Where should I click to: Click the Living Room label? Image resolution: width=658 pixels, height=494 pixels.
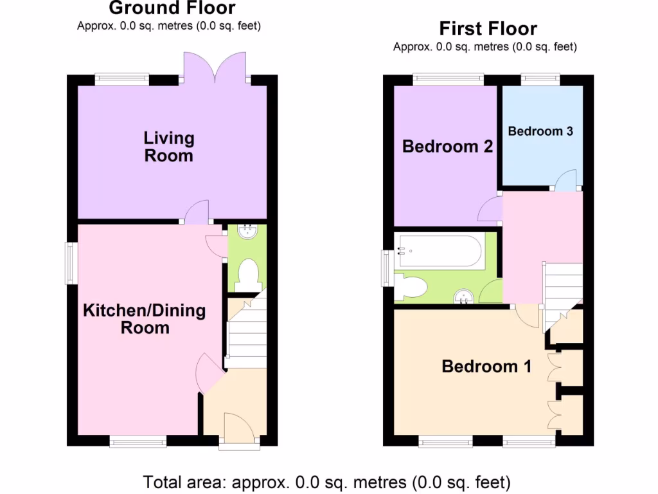(168, 147)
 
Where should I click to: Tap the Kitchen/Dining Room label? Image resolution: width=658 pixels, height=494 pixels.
(145, 319)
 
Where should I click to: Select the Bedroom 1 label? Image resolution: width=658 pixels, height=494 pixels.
(486, 367)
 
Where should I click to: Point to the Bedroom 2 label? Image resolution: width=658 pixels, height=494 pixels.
(447, 147)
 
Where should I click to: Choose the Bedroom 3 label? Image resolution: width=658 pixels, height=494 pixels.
(540, 131)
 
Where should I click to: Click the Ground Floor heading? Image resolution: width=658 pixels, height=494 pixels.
(172, 8)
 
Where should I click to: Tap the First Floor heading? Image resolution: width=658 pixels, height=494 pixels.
(488, 29)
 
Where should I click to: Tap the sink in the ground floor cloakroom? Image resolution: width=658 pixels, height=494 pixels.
(247, 232)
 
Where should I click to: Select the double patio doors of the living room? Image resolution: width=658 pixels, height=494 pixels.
(215, 68)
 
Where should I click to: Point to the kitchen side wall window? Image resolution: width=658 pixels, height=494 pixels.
(71, 263)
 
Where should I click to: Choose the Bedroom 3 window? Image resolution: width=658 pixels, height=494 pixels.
(540, 80)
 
